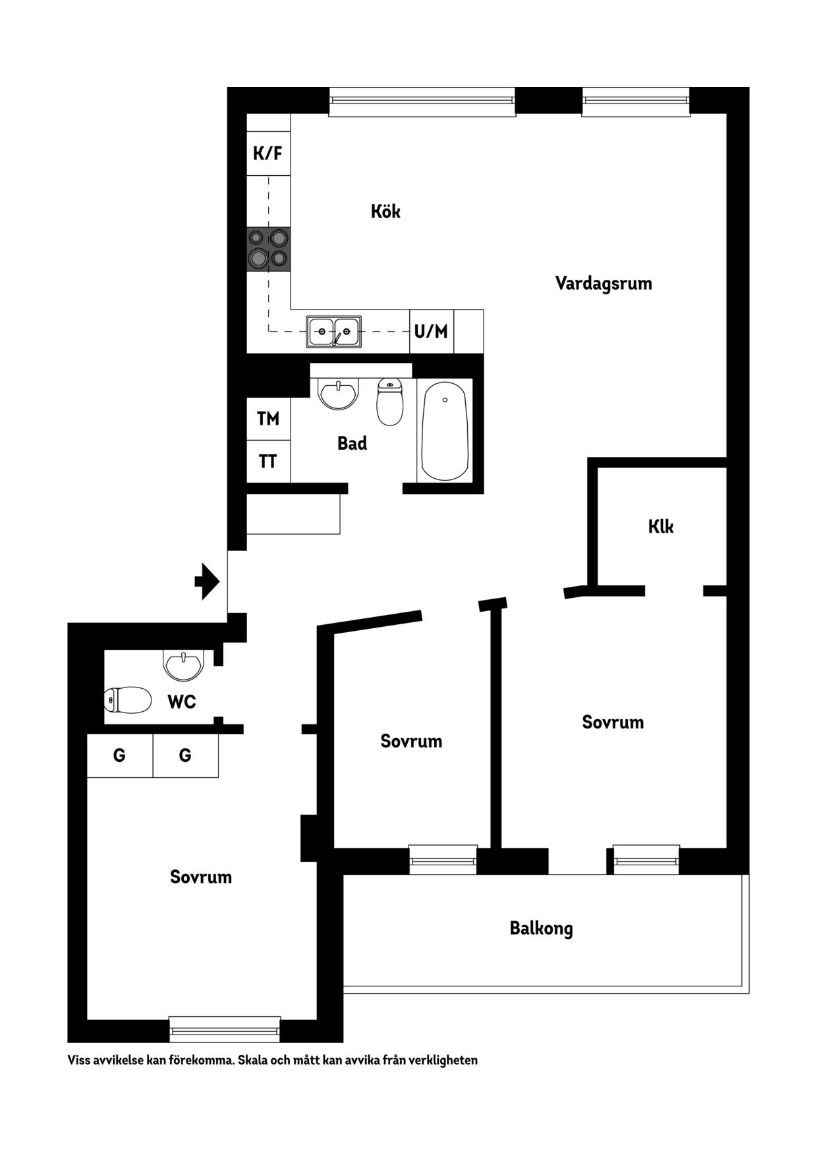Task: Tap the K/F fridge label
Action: click(268, 153)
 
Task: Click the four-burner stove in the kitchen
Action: click(269, 249)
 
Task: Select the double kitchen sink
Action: click(333, 331)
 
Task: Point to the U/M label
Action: click(431, 331)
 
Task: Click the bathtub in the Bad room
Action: click(445, 431)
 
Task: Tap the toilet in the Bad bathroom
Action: click(390, 402)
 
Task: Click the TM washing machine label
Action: click(268, 418)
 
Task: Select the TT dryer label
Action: click(268, 462)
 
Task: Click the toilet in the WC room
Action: click(128, 699)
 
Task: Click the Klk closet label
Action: click(661, 527)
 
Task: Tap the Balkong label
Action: click(541, 928)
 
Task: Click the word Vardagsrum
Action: click(604, 283)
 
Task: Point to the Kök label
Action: click(385, 211)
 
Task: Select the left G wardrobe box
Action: click(120, 755)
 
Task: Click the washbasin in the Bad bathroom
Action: click(338, 394)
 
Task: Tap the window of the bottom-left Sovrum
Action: click(225, 1029)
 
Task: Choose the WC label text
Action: click(182, 702)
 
